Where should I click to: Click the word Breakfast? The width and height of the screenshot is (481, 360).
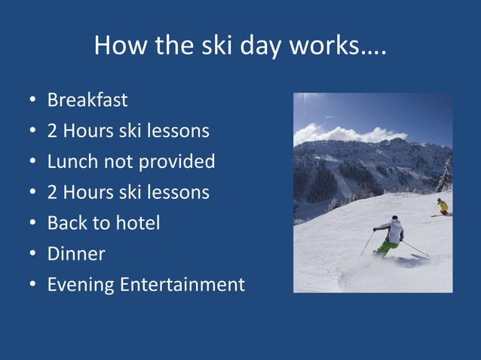coord(87,100)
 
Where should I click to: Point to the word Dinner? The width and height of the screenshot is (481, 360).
coord(76,255)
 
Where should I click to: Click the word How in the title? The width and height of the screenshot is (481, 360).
coord(119,47)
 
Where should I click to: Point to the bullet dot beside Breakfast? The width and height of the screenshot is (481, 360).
coord(32,101)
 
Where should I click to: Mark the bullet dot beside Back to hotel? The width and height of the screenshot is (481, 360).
coord(32,224)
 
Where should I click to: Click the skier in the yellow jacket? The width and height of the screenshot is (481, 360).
coord(443,206)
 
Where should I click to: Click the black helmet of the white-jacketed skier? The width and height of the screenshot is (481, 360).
coord(394,218)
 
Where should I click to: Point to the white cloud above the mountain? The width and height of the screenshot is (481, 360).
coord(339,135)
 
